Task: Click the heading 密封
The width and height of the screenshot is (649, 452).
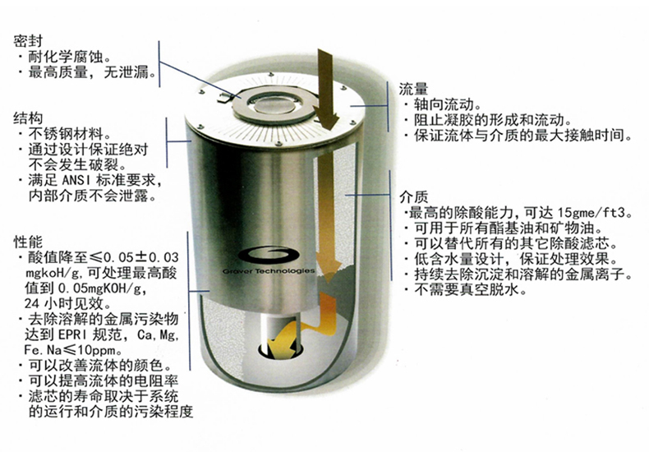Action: coord(28,41)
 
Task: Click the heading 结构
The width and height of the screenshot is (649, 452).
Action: coord(28,118)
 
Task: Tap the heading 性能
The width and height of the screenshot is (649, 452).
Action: coord(28,242)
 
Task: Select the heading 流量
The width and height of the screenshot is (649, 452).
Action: coord(413,89)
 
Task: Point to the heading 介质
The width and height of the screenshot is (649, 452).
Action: coord(413,196)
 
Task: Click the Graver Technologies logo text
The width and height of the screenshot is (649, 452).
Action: coord(269,271)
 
